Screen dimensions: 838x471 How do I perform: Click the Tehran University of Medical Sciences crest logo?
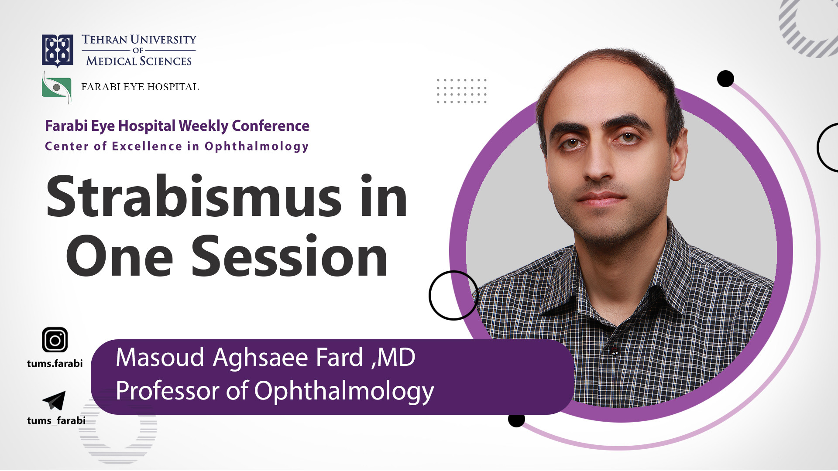(x=57, y=51)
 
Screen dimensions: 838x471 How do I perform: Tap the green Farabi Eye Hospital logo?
(x=57, y=88)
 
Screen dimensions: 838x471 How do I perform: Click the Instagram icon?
(x=55, y=340)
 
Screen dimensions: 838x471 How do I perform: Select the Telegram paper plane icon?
(x=54, y=400)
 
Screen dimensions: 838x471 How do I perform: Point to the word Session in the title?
(x=289, y=256)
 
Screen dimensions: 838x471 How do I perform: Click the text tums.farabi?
(x=55, y=363)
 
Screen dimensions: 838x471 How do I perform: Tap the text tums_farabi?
(x=56, y=420)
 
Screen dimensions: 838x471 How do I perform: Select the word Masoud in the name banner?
(x=160, y=358)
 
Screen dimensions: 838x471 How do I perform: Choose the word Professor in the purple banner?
(x=168, y=390)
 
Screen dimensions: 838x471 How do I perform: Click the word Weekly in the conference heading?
(x=203, y=126)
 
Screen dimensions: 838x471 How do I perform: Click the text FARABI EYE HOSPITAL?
(x=140, y=87)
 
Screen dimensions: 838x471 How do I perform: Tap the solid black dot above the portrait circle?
(x=725, y=78)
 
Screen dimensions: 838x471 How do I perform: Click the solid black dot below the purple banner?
(x=516, y=419)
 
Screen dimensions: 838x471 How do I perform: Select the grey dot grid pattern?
(x=461, y=91)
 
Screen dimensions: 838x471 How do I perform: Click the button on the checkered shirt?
(x=615, y=351)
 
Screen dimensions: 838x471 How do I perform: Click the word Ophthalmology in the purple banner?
(x=344, y=391)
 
